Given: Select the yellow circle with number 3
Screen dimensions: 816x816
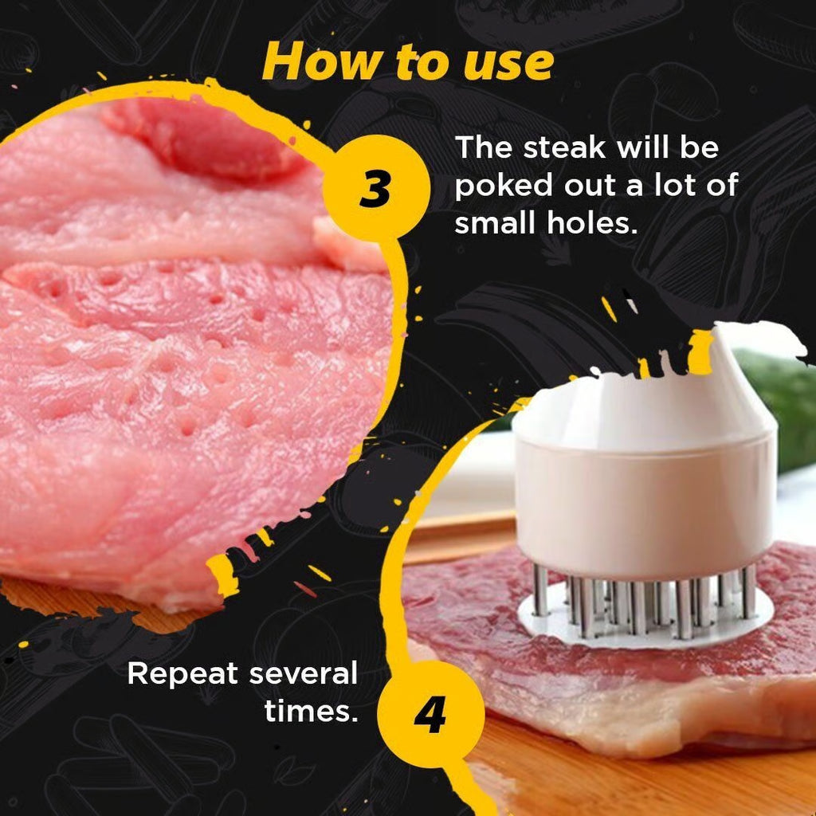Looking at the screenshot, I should point(375,188).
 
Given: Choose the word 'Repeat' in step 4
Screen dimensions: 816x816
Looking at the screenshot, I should point(182,674).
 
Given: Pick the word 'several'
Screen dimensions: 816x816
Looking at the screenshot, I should point(303,674).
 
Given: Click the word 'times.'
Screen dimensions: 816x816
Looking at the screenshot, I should point(311,712).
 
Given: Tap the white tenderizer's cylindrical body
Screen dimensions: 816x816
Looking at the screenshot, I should point(645,502).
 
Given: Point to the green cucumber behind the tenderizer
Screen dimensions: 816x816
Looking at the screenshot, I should point(785,406).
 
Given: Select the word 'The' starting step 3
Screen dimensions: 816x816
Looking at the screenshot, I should point(481,148).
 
